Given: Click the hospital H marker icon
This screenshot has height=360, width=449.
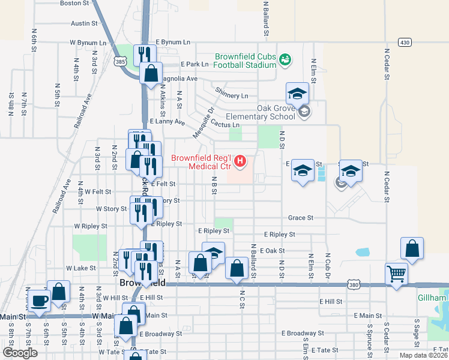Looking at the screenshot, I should [240, 161].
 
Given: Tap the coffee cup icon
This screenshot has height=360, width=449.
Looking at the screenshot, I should [40, 299].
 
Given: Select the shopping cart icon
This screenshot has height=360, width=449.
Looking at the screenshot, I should [397, 274].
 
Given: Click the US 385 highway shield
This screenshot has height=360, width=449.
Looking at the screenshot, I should [120, 61].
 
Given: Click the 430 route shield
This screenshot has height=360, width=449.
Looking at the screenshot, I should [406, 42].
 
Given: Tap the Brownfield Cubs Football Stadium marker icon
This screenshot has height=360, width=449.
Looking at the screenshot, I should [285, 59].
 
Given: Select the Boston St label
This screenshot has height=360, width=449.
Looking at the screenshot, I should [74, 3].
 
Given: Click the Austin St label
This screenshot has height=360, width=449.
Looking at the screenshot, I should [84, 23].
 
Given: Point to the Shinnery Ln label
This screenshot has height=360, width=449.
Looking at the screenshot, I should [232, 96].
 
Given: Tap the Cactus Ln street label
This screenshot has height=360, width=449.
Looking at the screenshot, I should [224, 125].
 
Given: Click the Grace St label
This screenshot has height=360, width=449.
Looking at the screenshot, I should [301, 218].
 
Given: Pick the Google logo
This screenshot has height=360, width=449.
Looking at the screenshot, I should [20, 353].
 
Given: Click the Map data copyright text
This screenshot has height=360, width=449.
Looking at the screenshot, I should [423, 355].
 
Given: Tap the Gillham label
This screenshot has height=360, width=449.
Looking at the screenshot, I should [433, 298].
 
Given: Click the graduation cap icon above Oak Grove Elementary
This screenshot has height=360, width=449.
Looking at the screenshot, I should [297, 93].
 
